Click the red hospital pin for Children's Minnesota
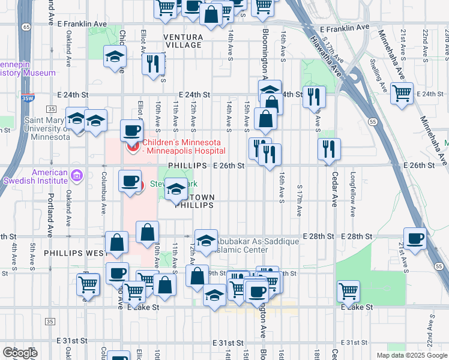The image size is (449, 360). tap(130, 146)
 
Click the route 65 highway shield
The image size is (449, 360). tap(25, 27)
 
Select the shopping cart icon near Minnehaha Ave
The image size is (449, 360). tap(401, 94)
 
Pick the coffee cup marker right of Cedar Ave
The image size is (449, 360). tap(415, 238)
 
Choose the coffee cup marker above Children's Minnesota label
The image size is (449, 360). tap(131, 130)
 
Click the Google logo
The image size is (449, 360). tap(20, 353)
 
